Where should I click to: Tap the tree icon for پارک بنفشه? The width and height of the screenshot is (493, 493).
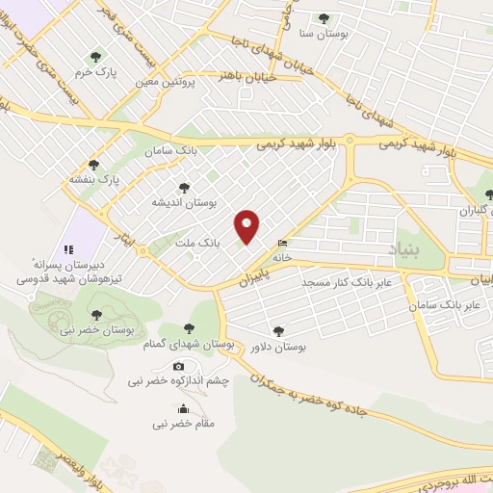click(93, 165)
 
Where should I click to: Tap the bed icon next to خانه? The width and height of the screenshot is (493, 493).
click(281, 243)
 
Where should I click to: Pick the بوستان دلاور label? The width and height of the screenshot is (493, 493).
click(278, 347)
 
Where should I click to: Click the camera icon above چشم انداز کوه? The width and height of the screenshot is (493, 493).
click(179, 367)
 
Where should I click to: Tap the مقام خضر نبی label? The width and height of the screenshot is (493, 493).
click(184, 423)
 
